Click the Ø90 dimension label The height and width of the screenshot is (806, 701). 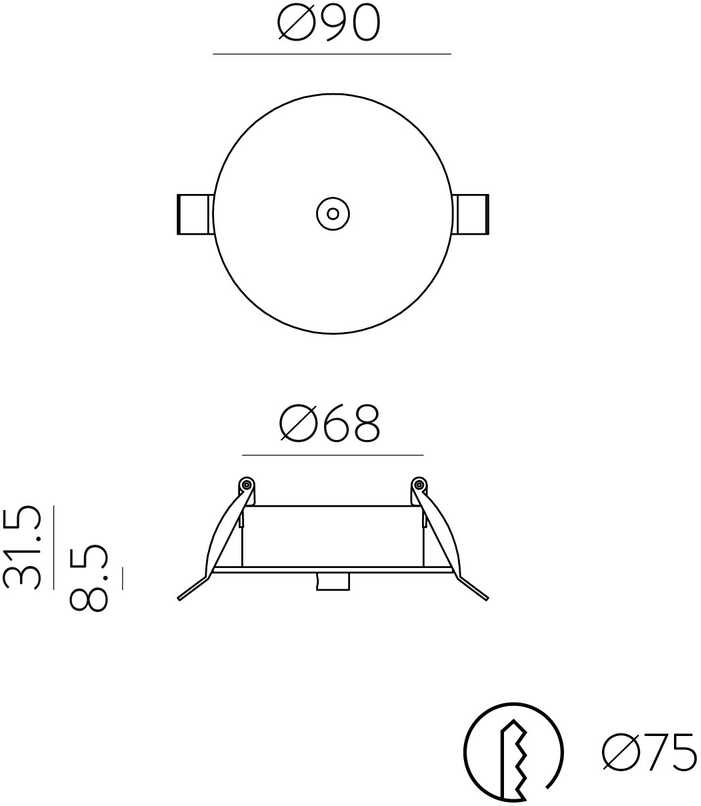click(329, 23)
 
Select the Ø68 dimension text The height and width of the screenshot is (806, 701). click(329, 423)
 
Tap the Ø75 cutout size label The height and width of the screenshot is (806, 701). click(649, 752)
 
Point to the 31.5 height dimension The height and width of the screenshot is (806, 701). click(22, 547)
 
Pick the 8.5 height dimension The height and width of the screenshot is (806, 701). click(89, 578)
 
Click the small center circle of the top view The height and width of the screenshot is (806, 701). click(333, 213)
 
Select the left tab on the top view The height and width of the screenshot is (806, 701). click(195, 214)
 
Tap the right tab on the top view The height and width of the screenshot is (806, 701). click(470, 214)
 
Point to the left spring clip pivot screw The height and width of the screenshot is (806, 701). click(247, 484)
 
